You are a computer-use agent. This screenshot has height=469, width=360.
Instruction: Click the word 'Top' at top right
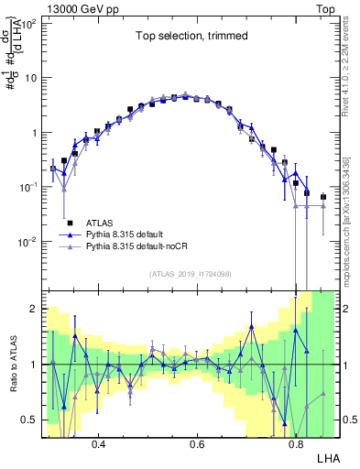(328, 6)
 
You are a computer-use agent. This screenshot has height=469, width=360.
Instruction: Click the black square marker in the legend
(70, 223)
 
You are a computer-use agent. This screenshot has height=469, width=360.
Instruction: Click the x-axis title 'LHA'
(327, 457)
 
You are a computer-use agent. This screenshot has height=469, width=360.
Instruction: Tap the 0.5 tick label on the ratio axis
(30, 420)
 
